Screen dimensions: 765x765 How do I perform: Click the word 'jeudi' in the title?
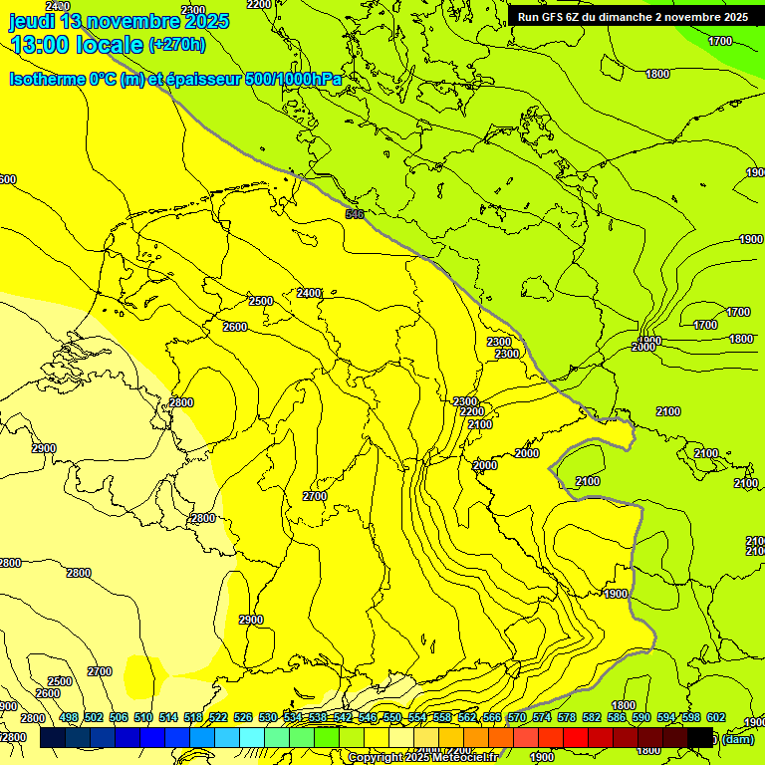(32, 20)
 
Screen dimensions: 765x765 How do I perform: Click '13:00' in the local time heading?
(41, 45)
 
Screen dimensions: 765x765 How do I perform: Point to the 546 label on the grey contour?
(354, 214)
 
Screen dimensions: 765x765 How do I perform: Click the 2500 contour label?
(261, 301)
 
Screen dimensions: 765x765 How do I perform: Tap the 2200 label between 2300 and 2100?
(472, 411)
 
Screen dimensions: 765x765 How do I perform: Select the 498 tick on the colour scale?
(69, 717)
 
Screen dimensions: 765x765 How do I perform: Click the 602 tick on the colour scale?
(716, 717)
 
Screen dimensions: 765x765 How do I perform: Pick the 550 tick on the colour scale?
(392, 717)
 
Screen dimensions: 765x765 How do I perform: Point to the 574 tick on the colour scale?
(542, 717)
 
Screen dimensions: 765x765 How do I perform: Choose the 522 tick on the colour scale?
(218, 717)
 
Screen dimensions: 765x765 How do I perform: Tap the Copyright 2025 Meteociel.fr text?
(423, 758)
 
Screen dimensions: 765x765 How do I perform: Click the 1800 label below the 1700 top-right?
(657, 74)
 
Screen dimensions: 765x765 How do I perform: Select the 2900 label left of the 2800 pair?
(44, 449)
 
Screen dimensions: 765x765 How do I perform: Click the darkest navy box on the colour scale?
(53, 738)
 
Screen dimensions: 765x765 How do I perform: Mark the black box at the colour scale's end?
(700, 738)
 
